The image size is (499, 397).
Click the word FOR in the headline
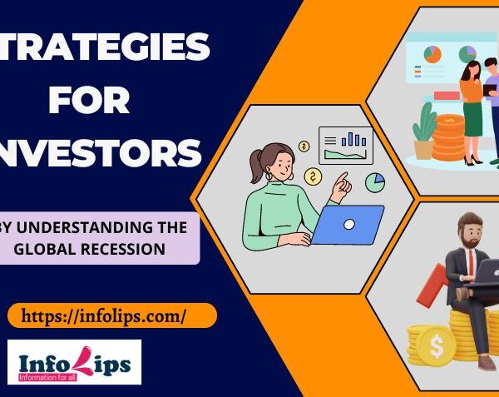click(x=89, y=101)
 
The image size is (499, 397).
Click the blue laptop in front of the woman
click(x=346, y=223)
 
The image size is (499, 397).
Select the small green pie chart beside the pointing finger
click(x=375, y=181)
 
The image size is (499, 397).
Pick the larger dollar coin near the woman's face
click(x=314, y=176)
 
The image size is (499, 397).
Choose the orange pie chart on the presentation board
click(x=433, y=55)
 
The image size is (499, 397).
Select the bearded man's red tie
click(x=470, y=265)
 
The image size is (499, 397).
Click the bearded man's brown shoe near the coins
click(x=487, y=362)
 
